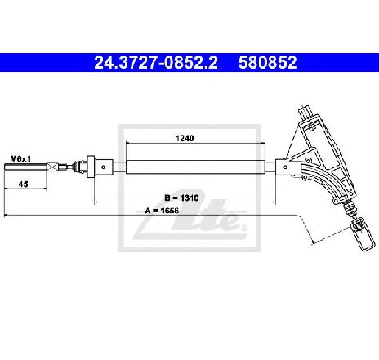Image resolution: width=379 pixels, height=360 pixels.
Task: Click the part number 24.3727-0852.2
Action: pos(156,62)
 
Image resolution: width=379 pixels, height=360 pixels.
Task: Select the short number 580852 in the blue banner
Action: pos(267,62)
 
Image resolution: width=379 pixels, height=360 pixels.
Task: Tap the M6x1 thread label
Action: pos(20,158)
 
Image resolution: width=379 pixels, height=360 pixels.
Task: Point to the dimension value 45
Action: pos(24,184)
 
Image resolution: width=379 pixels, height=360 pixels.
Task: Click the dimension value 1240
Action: pos(185,138)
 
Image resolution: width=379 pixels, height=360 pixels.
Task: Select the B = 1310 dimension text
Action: pos(181,198)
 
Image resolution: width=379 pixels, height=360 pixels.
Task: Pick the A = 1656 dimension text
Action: pos(162,211)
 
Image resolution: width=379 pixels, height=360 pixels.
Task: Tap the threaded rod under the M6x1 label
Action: pos(25,167)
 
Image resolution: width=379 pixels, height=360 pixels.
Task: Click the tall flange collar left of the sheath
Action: pos(91,167)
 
